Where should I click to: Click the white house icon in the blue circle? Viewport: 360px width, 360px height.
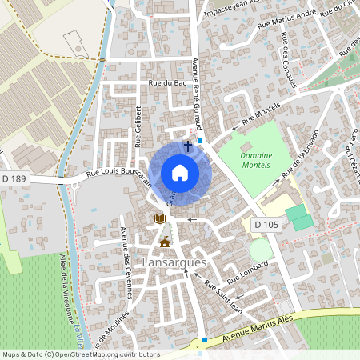180,173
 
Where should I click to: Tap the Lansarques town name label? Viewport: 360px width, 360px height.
174,262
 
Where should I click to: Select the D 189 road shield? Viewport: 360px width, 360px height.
14,178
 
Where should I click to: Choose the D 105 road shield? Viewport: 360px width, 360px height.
266,226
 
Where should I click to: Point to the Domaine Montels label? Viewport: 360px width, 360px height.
256,159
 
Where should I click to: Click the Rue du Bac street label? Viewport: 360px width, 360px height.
167,83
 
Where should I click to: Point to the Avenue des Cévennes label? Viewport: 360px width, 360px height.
125,261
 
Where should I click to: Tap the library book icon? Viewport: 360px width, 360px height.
160,219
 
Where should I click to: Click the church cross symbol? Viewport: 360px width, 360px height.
188,146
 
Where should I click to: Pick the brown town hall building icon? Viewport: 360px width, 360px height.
165,241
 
